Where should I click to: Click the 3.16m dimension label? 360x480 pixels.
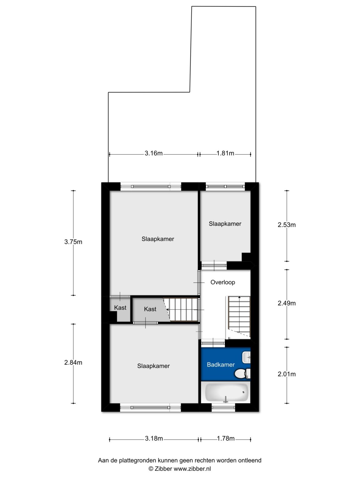[153, 153]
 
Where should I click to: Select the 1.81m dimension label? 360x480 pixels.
[225, 153]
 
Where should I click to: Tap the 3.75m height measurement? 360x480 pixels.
[73, 242]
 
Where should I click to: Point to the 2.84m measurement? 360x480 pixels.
[73, 362]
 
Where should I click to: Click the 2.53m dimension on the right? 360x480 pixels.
[287, 225]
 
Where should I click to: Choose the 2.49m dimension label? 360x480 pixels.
[287, 303]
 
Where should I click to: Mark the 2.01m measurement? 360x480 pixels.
[287, 374]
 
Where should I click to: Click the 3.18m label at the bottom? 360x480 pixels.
[154, 438]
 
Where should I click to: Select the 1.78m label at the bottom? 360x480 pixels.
[226, 438]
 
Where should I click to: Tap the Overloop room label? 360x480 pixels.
[222, 282]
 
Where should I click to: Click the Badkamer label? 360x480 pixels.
[221, 365]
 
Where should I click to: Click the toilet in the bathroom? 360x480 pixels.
[242, 373]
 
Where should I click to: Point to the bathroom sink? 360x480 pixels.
[246, 357]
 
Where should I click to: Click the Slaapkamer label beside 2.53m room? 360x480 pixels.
[225, 224]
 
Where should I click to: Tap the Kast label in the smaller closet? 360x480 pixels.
[120, 308]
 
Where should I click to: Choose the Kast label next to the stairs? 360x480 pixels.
[150, 309]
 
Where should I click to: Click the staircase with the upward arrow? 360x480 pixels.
[239, 316]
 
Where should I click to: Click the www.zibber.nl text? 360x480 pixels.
[192, 469]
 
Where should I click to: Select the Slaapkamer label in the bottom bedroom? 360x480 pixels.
[153, 366]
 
